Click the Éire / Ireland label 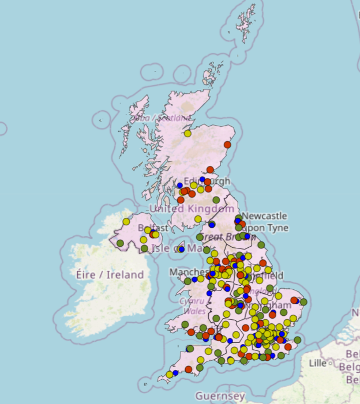[x=110, y=274]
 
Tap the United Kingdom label [x=192, y=208]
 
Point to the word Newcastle [x=264, y=216]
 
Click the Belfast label [x=153, y=228]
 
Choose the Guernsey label [x=220, y=396]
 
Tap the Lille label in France [x=317, y=364]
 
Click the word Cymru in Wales [x=192, y=301]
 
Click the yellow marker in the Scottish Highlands [x=187, y=134]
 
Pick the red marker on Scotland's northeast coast [x=227, y=145]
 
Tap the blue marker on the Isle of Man [x=181, y=250]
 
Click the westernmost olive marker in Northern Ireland [x=120, y=243]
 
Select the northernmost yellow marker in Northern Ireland [x=126, y=221]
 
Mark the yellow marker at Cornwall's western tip [x=169, y=375]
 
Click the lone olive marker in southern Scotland [x=216, y=200]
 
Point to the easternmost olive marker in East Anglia [x=303, y=301]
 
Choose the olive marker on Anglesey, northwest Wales [x=187, y=281]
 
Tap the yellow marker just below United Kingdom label [x=198, y=219]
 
